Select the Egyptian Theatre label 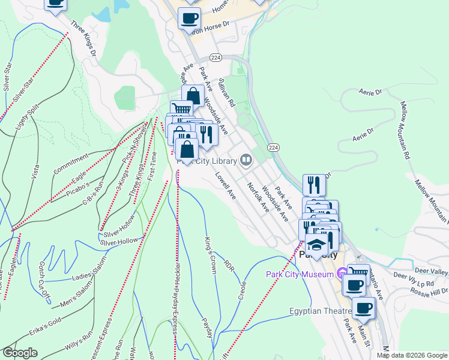click(321, 311)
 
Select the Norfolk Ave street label click(259, 197)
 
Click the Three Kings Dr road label click(83, 40)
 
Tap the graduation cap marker click(316, 244)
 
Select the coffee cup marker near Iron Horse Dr click(190, 19)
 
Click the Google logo click(20, 353)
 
